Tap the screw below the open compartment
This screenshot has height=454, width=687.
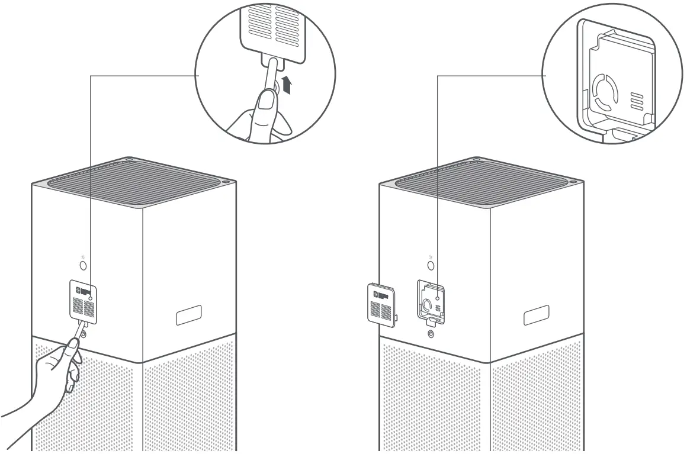[x=431, y=333]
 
